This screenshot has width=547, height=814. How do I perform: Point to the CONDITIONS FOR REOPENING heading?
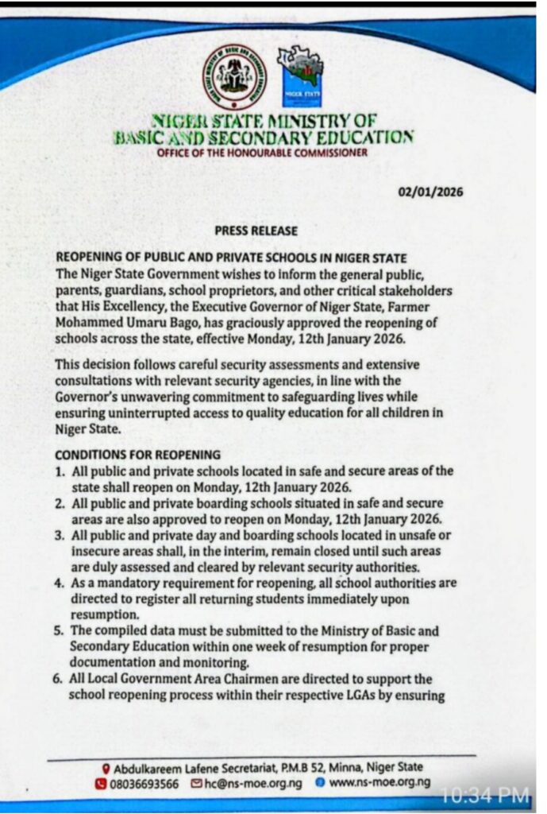(137, 455)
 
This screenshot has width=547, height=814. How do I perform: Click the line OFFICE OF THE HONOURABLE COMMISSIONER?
(262, 153)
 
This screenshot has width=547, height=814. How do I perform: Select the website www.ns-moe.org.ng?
(379, 782)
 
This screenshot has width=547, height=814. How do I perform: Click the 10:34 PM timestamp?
(484, 793)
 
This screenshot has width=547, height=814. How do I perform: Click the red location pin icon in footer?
(106, 768)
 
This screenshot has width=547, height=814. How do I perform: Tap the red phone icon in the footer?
(101, 782)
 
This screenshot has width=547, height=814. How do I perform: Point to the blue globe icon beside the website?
(319, 782)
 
